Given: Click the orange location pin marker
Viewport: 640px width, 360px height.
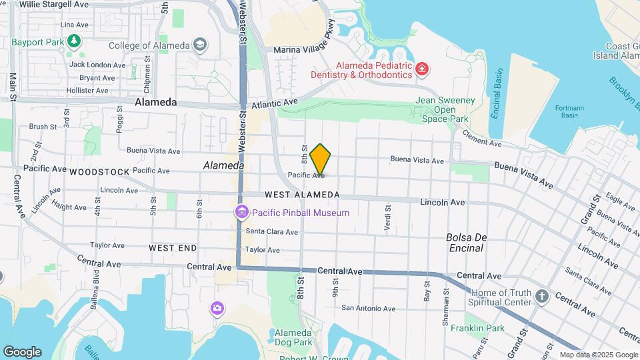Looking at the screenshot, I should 321,159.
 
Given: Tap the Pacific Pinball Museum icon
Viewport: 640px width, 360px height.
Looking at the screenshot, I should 241,213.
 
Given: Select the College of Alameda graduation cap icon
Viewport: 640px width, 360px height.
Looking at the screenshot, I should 199,45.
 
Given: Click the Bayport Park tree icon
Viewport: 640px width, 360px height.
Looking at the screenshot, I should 74,41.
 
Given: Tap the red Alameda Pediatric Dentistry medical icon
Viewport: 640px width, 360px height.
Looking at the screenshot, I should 421,69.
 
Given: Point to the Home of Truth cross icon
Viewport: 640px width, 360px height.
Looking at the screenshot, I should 542,296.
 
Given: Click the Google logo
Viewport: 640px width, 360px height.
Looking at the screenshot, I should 22,352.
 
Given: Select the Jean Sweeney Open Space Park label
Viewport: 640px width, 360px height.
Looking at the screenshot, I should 444,109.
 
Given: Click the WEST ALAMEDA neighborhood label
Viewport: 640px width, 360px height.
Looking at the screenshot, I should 302,195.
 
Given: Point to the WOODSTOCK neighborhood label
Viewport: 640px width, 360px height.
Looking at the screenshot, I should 99,172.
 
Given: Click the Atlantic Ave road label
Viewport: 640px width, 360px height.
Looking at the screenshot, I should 275,104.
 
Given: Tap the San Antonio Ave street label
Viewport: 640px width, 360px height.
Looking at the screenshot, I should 369,309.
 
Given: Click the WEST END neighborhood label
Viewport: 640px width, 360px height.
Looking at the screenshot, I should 173,248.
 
